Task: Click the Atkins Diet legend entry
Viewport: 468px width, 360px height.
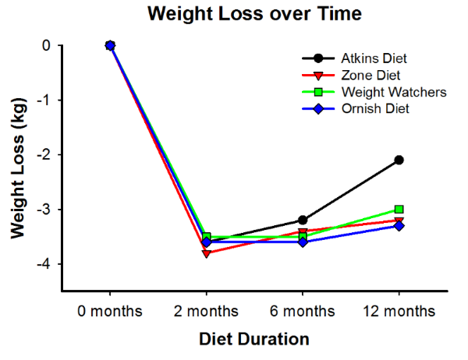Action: tap(374, 58)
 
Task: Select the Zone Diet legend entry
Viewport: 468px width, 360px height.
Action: tap(369, 76)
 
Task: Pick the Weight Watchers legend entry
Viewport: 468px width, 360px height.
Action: tap(382, 92)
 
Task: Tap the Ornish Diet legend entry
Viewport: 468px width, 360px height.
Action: tap(373, 108)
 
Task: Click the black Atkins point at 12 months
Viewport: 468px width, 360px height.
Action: tap(399, 160)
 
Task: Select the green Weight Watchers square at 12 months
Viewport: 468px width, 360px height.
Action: tap(399, 209)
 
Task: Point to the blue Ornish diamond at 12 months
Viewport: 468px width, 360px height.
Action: tap(399, 226)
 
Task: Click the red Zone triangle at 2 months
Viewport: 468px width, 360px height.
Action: tap(206, 253)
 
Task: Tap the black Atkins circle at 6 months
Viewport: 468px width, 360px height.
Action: tap(303, 220)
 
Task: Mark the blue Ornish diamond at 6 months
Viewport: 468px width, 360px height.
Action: tap(303, 242)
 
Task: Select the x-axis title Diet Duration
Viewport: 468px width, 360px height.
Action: tap(253, 340)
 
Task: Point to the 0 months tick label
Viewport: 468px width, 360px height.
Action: tap(110, 312)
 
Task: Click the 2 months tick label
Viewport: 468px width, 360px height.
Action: tap(206, 312)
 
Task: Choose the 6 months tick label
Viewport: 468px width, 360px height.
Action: tap(303, 312)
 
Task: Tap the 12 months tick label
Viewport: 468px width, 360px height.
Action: tap(399, 312)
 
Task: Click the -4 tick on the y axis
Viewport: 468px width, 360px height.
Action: tap(46, 264)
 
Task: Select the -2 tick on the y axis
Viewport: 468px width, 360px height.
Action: tap(46, 155)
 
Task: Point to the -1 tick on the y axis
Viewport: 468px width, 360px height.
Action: tap(46, 101)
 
